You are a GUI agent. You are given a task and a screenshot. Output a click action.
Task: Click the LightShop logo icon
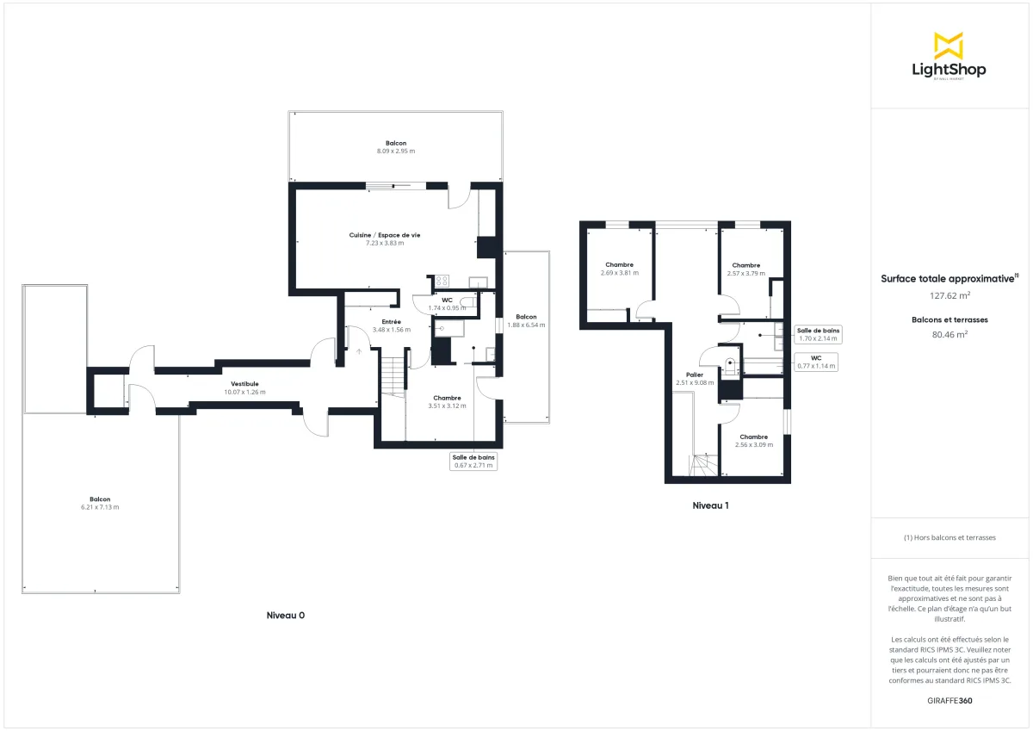click(949, 45)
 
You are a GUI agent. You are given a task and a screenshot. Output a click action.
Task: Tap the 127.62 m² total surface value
click(949, 294)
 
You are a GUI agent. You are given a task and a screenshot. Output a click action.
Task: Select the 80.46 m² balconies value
click(949, 335)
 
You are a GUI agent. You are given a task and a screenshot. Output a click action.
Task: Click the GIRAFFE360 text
click(949, 701)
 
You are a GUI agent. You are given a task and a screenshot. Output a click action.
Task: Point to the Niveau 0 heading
click(286, 616)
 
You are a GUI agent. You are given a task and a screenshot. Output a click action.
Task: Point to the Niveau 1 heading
click(710, 505)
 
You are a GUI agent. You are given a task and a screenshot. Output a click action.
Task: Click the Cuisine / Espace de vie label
click(384, 239)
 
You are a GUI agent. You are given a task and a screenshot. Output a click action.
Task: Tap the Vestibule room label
click(244, 387)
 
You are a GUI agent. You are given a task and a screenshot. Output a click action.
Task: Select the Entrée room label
click(391, 325)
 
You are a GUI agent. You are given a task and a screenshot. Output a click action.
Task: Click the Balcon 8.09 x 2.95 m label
click(395, 146)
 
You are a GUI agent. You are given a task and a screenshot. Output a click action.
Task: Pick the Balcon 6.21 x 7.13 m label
click(100, 503)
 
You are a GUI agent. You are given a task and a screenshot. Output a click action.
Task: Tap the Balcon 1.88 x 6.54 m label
click(526, 320)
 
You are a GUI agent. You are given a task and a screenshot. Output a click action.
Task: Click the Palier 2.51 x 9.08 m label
click(695, 379)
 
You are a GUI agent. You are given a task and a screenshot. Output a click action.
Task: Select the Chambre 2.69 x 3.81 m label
click(619, 269)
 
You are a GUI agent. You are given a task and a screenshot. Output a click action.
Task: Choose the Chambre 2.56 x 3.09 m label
click(753, 441)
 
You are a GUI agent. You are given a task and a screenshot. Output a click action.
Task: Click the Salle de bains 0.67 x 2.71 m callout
click(473, 462)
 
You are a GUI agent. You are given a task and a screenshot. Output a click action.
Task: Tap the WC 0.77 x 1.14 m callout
click(815, 362)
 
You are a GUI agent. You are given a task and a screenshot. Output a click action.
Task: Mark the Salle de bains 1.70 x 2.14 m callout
click(818, 334)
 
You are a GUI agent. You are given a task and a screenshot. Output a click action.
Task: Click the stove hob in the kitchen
click(442, 281)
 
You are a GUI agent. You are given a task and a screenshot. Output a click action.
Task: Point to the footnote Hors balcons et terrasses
click(949, 537)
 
